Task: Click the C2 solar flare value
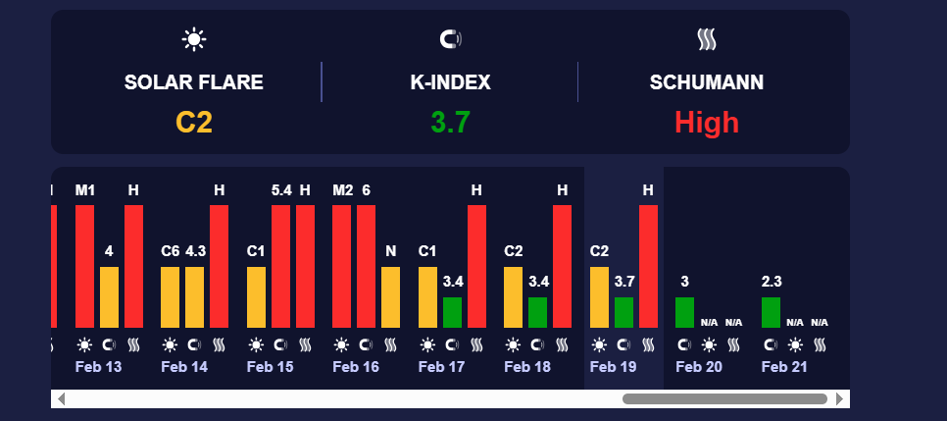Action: point(194,123)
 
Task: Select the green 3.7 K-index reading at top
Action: point(450,123)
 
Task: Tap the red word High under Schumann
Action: point(706,123)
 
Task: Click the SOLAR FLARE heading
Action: point(194,82)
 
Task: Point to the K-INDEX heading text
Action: point(450,82)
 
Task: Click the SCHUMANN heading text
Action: point(706,82)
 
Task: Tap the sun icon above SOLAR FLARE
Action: point(194,39)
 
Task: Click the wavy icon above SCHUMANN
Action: point(706,39)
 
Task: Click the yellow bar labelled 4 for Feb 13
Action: point(109,296)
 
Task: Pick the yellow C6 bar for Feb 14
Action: point(171,296)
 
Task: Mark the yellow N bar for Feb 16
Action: point(391,296)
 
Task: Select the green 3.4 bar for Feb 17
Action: point(452,312)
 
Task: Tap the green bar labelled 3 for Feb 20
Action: point(684,312)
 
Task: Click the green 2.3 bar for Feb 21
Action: point(772,312)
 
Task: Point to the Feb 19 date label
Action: point(615,366)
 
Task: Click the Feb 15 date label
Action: point(270,366)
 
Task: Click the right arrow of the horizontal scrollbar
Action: point(839,398)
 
